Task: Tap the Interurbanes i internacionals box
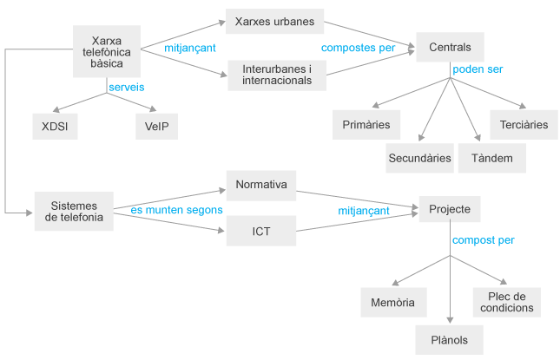pyautogui.click(x=274, y=75)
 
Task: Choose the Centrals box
pyautogui.click(x=450, y=45)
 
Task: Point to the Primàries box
pyautogui.click(x=366, y=125)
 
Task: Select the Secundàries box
pyautogui.click(x=419, y=158)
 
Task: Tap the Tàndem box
pyautogui.click(x=492, y=158)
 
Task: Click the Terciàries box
pyautogui.click(x=524, y=125)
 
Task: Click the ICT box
pyautogui.click(x=261, y=232)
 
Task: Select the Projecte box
pyautogui.click(x=450, y=209)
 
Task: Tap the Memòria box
pyautogui.click(x=393, y=303)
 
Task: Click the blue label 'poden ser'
pyautogui.click(x=478, y=69)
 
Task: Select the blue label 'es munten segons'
pyautogui.click(x=176, y=210)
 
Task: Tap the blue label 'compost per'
pyautogui.click(x=484, y=239)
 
